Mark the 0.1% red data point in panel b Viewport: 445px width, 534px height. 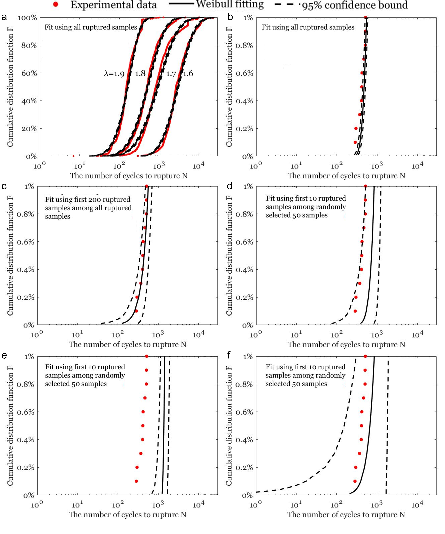point(355,142)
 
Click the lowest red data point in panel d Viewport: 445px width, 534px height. point(355,311)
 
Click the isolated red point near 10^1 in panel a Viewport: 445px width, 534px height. point(73,156)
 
